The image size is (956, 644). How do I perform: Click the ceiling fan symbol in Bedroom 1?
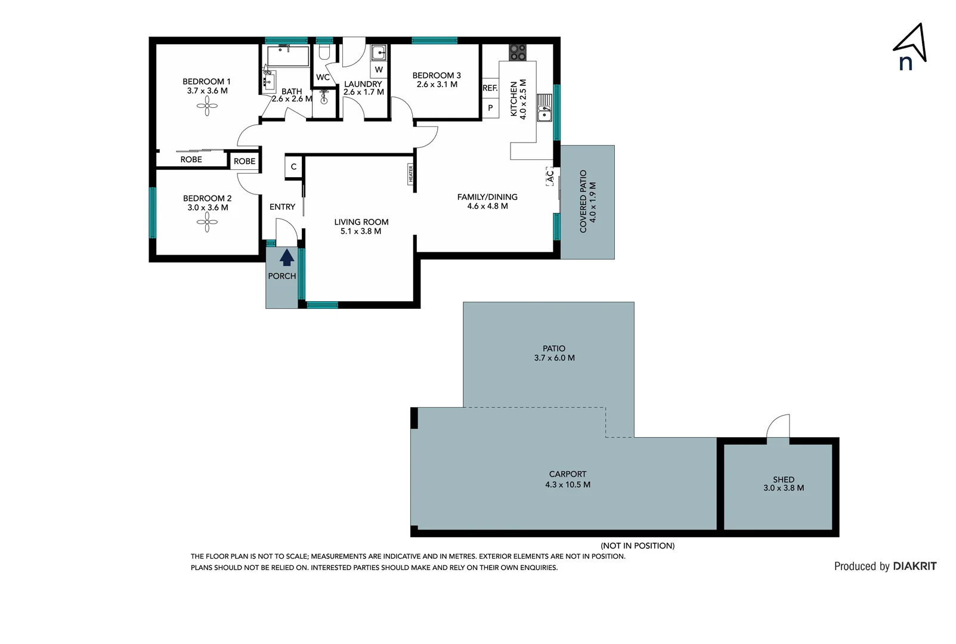pyautogui.click(x=207, y=107)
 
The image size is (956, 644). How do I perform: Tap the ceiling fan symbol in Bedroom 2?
pyautogui.click(x=207, y=223)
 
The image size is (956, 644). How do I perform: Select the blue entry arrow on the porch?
pyautogui.click(x=287, y=258)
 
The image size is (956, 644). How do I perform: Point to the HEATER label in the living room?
pyautogui.click(x=410, y=174)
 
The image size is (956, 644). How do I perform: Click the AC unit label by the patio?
pyautogui.click(x=550, y=177)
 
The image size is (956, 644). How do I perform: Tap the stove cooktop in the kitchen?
pyautogui.click(x=518, y=52)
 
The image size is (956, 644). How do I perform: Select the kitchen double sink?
pyautogui.click(x=544, y=108)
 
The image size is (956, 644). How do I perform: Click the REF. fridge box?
pyautogui.click(x=490, y=88)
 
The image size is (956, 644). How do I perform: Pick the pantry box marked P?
pyautogui.click(x=490, y=109)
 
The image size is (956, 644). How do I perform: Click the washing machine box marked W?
pyautogui.click(x=379, y=70)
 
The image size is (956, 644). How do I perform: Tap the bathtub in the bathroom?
pyautogui.click(x=287, y=56)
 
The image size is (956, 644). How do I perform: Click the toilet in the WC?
pyautogui.click(x=324, y=52)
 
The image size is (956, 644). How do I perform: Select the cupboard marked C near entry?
pyautogui.click(x=293, y=167)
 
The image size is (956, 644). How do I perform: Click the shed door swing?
pyautogui.click(x=778, y=427)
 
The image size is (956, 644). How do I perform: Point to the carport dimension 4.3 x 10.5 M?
pyautogui.click(x=568, y=485)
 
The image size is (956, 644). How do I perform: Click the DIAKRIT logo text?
pyautogui.click(x=915, y=566)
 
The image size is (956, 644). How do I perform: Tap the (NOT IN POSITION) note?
pyautogui.click(x=638, y=546)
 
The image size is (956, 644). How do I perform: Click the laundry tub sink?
pyautogui.click(x=379, y=53)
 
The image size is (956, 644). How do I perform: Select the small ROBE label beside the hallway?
pyautogui.click(x=245, y=162)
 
